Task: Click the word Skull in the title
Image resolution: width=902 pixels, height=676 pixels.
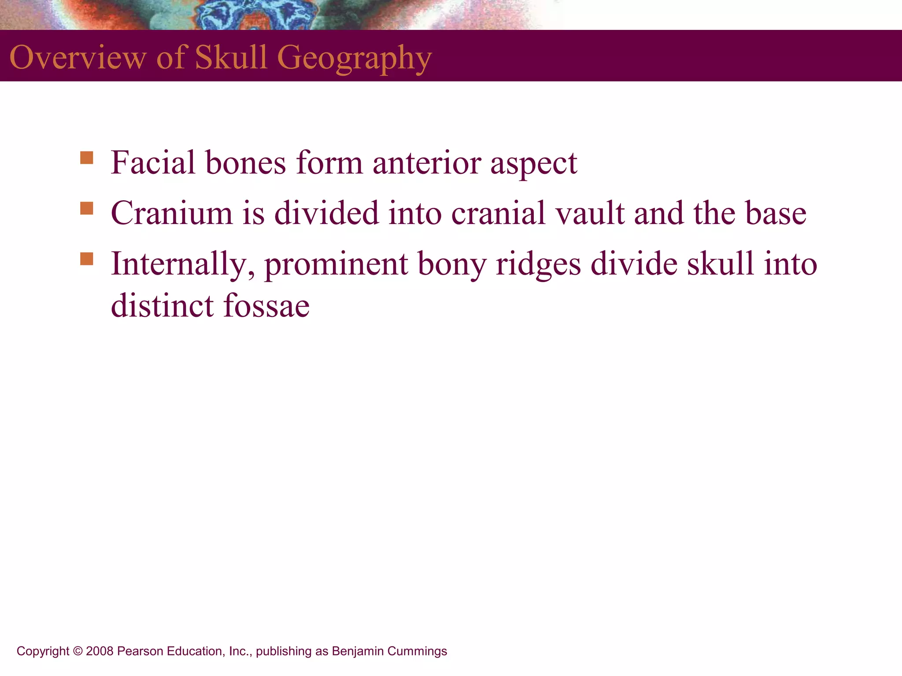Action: click(x=231, y=57)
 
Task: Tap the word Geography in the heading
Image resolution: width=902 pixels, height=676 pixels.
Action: click(x=354, y=58)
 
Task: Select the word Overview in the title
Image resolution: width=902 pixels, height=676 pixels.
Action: click(x=78, y=57)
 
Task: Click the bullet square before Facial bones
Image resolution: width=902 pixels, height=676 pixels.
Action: click(x=87, y=158)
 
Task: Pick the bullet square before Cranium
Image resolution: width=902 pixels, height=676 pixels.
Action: click(x=87, y=208)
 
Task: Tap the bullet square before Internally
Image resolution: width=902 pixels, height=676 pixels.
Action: click(x=87, y=259)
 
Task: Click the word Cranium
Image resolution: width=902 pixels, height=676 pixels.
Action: click(x=171, y=213)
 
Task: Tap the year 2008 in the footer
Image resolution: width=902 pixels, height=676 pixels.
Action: click(x=100, y=651)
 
